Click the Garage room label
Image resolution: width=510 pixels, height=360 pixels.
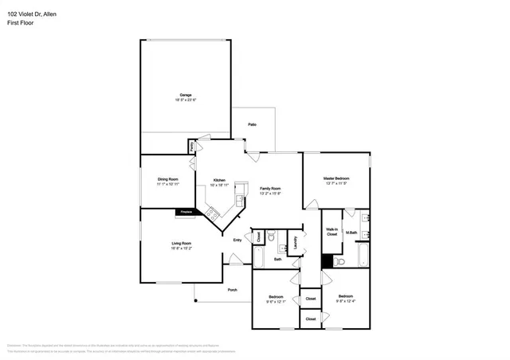coord(186,95)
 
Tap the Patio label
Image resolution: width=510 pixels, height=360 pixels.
coord(252,125)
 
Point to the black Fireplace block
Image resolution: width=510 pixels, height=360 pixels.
coord(186,212)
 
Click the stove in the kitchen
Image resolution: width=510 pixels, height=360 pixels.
coord(212,213)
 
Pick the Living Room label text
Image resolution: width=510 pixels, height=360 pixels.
coord(181,244)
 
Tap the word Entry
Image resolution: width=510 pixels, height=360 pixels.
coord(237,240)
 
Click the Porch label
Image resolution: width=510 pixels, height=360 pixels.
coord(232,290)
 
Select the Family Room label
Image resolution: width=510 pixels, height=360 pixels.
coord(270,188)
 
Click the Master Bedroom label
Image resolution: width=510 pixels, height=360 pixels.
coord(335,178)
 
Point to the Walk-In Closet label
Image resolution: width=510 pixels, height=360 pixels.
coord(332,232)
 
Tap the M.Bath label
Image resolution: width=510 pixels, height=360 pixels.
coord(351,233)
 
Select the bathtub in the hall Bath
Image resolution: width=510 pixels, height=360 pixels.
coord(258,256)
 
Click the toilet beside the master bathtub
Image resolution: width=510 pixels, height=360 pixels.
coord(339,261)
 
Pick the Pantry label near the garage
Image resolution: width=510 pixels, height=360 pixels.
coord(192,147)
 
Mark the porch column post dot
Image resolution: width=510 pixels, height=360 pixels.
coord(194,301)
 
